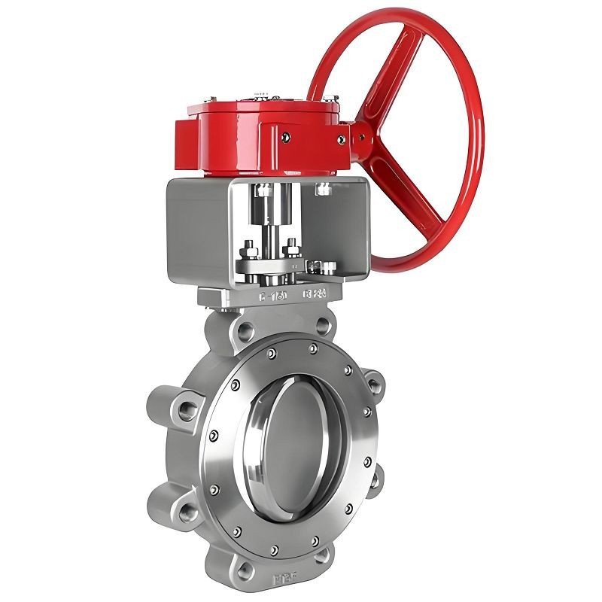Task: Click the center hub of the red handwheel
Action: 363,138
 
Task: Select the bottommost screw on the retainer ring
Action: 275,547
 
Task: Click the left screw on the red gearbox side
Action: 285,137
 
